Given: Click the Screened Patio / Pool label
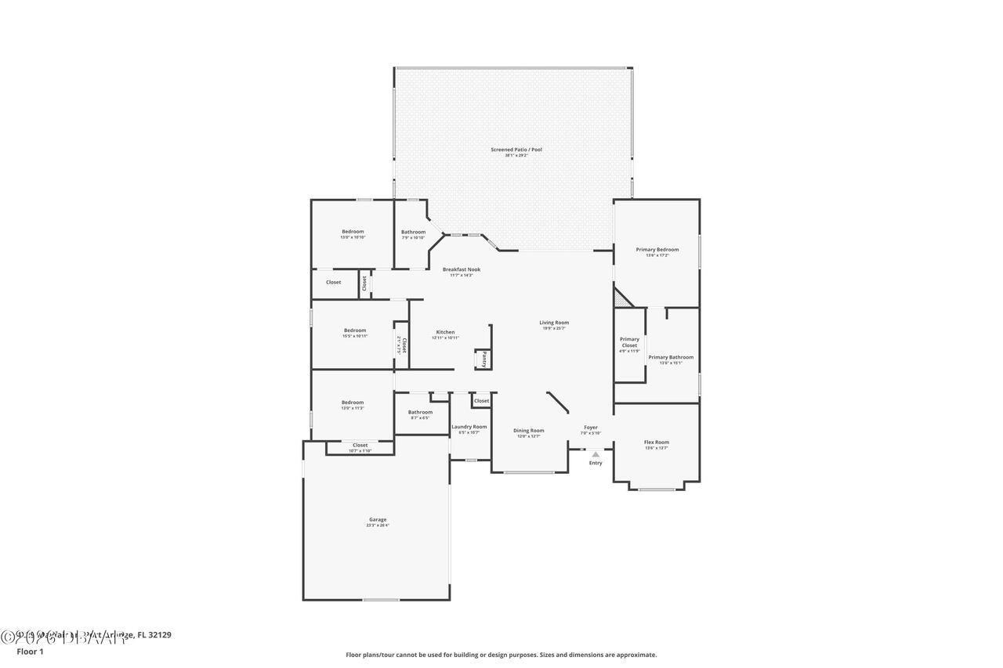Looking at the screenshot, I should point(516,150).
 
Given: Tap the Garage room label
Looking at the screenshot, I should point(378,519).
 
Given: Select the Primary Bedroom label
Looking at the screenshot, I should point(657,250).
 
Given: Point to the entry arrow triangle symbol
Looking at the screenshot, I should point(596,454).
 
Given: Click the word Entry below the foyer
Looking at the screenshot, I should point(596,463).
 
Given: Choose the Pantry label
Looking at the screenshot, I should point(484,359).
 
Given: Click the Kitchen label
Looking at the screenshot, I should point(445,332).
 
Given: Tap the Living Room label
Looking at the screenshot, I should point(554,323).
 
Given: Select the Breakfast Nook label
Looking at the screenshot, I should point(462,269).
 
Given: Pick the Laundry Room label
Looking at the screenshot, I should point(469,427).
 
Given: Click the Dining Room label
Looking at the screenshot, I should point(528,430).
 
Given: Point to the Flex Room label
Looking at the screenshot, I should point(656,442).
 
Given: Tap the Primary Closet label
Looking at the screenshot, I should point(629,342).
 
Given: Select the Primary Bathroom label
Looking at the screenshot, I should point(671,357).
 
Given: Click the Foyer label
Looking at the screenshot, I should point(591,428).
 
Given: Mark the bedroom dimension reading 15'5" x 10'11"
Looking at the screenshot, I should point(354,336).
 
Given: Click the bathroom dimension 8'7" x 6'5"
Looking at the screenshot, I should point(420,418).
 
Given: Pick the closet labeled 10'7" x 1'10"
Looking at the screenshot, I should point(360,451).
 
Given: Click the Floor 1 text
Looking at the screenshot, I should point(30,652).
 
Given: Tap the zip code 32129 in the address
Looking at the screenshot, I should point(159,635).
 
